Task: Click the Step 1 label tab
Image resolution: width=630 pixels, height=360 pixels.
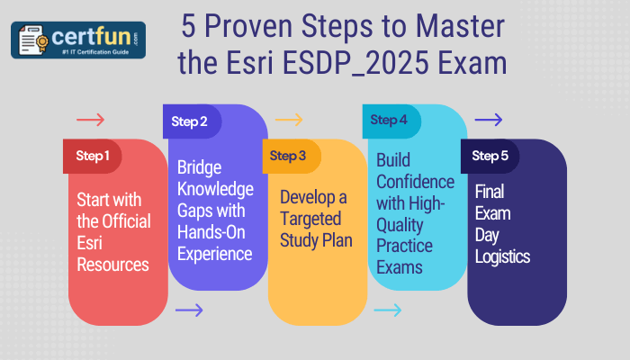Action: pyautogui.click(x=93, y=156)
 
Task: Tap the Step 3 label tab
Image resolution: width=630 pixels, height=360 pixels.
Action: pyautogui.click(x=290, y=156)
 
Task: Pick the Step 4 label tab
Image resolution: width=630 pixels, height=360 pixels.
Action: pyautogui.click(x=390, y=120)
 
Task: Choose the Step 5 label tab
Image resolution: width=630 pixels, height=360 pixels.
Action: pyautogui.click(x=490, y=156)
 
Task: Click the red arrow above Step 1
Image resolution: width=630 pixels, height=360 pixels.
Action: pyautogui.click(x=91, y=120)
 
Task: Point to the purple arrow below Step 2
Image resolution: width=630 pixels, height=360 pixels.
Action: pyautogui.click(x=190, y=310)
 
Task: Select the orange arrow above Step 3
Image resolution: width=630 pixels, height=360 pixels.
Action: pyautogui.click(x=289, y=120)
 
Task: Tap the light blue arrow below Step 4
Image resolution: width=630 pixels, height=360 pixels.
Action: pyautogui.click(x=388, y=310)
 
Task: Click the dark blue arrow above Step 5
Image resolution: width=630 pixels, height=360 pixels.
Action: pyautogui.click(x=488, y=120)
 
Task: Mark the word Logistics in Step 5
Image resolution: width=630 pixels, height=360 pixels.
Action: pyautogui.click(x=502, y=256)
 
